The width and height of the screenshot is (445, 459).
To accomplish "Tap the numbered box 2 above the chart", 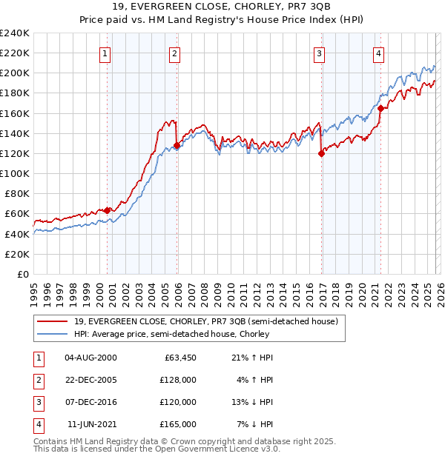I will tap(174, 53).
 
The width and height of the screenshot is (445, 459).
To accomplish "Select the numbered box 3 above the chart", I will tap(319, 53).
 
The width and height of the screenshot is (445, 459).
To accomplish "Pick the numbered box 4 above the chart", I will tap(378, 53).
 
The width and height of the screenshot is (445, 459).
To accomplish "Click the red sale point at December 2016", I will tap(322, 154).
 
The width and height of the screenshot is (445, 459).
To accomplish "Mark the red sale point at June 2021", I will tap(380, 108).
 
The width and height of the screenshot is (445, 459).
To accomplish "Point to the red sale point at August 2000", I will tap(107, 210).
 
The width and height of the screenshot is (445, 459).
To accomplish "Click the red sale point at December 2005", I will tap(177, 145).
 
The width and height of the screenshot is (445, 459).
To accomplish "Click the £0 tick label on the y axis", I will tap(23, 274).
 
